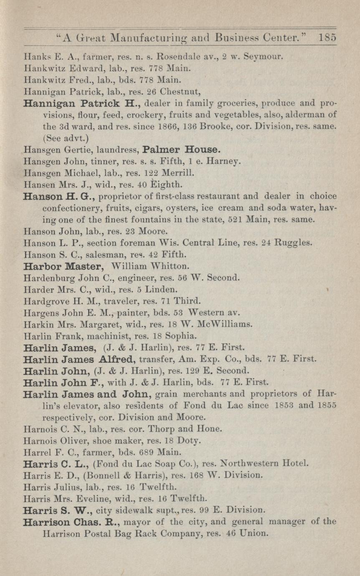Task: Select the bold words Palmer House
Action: (181, 149)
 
